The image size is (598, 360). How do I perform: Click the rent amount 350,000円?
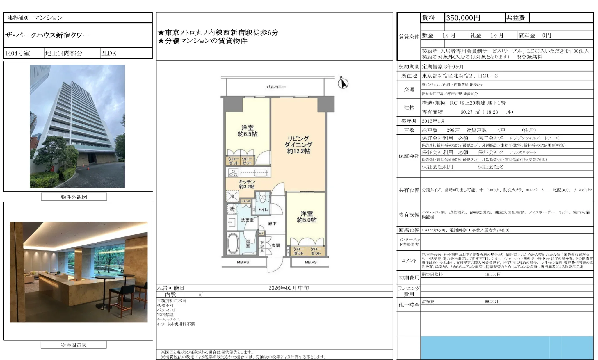pyautogui.click(x=463, y=18)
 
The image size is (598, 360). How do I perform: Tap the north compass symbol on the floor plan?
pyautogui.click(x=343, y=83)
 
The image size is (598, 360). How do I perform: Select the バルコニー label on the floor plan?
pyautogui.click(x=276, y=87)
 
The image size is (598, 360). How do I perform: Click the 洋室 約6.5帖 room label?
pyautogui.click(x=247, y=131)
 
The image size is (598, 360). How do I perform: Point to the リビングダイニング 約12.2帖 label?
pyautogui.click(x=298, y=145)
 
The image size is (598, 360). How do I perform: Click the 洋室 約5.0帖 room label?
pyautogui.click(x=306, y=217)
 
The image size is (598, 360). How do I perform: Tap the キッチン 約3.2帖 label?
pyautogui.click(x=247, y=184)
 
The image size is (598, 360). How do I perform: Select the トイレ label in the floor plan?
pyautogui.click(x=263, y=210)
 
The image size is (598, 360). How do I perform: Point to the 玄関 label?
pyautogui.click(x=275, y=245)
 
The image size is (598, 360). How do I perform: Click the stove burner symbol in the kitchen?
pyautogui.click(x=233, y=173)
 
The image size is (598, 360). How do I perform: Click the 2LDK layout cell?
pyautogui.click(x=108, y=53)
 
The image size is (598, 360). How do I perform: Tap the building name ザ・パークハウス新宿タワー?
pyautogui.click(x=47, y=35)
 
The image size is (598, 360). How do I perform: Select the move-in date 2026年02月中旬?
pyautogui.click(x=288, y=288)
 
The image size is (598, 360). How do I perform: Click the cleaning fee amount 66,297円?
pyautogui.click(x=492, y=302)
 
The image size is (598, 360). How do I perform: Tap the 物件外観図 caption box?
pyautogui.click(x=74, y=197)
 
